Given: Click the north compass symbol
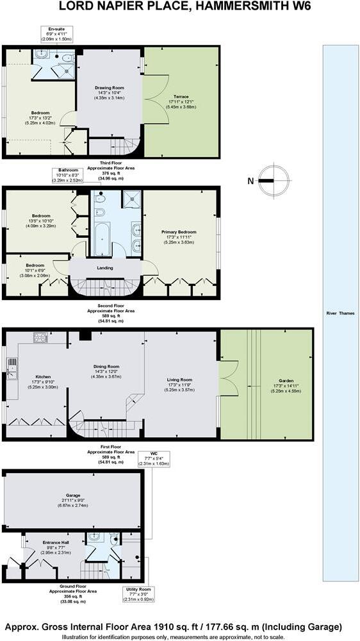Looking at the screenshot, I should (275, 181).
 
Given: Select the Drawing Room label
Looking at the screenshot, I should (110, 92).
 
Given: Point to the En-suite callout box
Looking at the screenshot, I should (56, 34).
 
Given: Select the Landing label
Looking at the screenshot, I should (105, 268).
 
